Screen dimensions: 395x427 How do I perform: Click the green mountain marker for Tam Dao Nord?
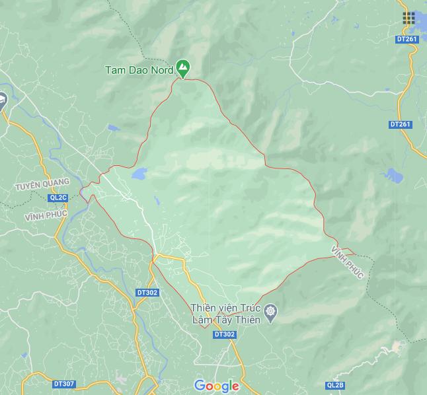click(x=182, y=67)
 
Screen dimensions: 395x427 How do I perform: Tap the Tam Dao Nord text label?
click(x=139, y=70)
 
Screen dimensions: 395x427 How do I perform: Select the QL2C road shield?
click(x=58, y=197)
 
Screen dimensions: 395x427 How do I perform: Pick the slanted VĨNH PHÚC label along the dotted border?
click(x=348, y=262)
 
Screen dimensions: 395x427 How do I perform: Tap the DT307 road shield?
click(x=64, y=384)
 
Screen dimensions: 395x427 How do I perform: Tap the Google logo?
click(x=216, y=386)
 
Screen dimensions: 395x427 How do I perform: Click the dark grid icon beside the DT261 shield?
click(x=408, y=18)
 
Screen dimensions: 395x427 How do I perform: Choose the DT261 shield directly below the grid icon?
click(x=407, y=40)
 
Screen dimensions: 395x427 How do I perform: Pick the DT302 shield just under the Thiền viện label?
click(x=225, y=334)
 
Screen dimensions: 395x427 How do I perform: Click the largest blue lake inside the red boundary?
click(x=139, y=175)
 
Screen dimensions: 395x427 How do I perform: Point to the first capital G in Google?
click(x=200, y=385)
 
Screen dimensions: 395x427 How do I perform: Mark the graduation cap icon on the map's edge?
click(x=2, y=101)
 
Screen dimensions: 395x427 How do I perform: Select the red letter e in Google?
click(x=234, y=386)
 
